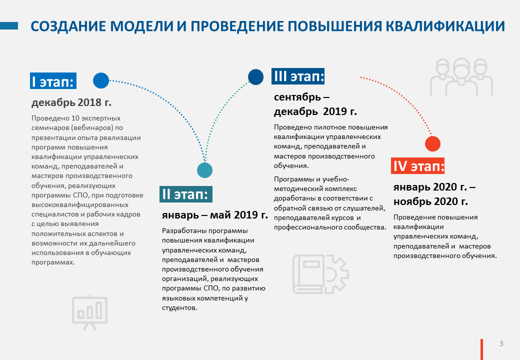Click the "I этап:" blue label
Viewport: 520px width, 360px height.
(x=53, y=81)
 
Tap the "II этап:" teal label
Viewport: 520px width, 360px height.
(x=185, y=194)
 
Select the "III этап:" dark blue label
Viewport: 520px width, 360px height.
(x=298, y=76)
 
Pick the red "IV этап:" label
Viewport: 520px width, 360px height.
(x=417, y=165)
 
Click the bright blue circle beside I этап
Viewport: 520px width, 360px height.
(x=101, y=80)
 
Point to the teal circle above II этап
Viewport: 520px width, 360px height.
(x=204, y=170)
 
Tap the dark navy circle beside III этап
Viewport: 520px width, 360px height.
(x=255, y=77)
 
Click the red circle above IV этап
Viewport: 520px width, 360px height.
(x=433, y=144)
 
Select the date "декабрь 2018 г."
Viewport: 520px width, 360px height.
(x=71, y=102)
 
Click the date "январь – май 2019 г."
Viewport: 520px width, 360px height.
(x=215, y=215)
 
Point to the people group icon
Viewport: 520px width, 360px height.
(x=461, y=76)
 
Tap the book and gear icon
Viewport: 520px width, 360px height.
(x=320, y=274)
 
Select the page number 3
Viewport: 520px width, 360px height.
(x=501, y=343)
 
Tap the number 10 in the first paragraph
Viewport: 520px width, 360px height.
(x=75, y=118)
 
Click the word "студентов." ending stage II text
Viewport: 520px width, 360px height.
(x=179, y=307)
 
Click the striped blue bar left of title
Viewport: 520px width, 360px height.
(x=9, y=26)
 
